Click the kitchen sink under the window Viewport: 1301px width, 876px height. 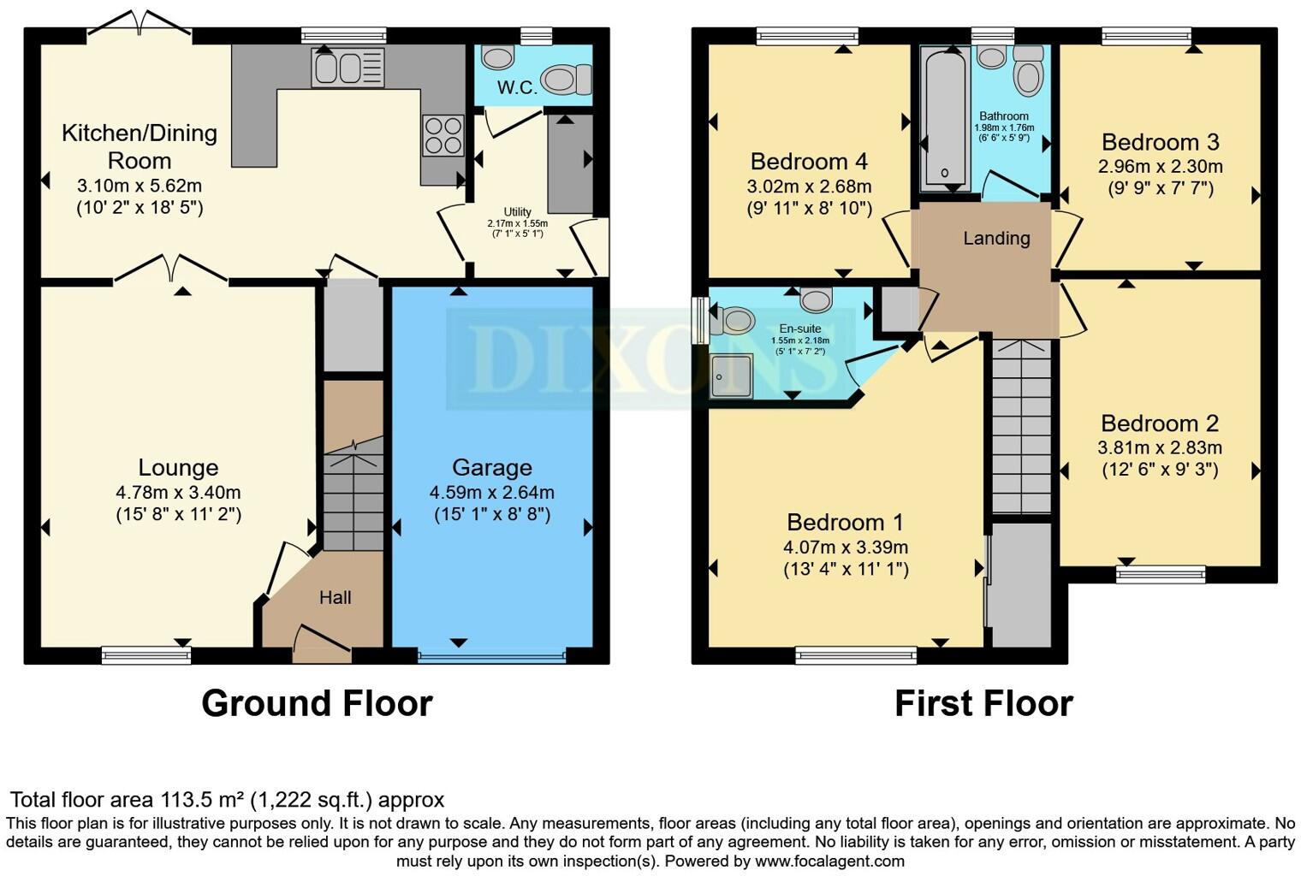(348, 68)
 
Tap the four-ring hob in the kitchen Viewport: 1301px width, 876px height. (443, 135)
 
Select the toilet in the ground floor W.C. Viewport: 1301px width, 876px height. (566, 80)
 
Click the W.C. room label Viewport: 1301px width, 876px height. (517, 87)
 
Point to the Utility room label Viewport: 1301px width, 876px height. (517, 212)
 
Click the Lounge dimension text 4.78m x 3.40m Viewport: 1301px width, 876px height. (178, 493)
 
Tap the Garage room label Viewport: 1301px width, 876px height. (492, 467)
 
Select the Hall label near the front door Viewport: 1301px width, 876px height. (335, 597)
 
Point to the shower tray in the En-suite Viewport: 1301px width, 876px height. (731, 376)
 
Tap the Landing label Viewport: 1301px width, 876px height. (996, 239)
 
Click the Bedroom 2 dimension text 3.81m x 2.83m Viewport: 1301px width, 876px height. (1160, 447)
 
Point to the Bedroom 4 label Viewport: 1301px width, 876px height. (809, 161)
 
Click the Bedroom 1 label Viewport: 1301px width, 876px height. (845, 522)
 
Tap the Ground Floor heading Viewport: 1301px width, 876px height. (317, 703)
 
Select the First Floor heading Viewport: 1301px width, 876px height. (983, 703)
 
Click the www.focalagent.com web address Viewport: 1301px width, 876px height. (829, 861)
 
